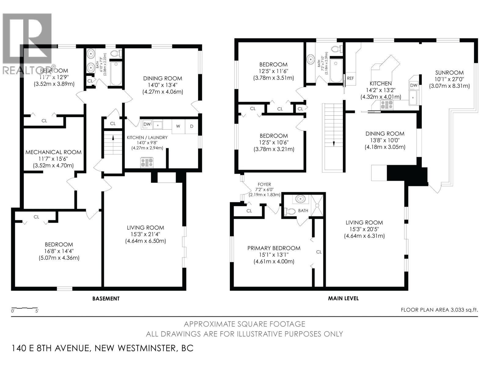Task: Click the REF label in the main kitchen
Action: (x=350, y=78)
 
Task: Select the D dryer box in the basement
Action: (x=192, y=126)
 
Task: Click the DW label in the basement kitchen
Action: (x=147, y=124)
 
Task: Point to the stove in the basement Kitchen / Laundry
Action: (x=147, y=162)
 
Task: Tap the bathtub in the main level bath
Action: (x=336, y=71)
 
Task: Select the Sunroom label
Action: (x=449, y=73)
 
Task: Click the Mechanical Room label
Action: (x=53, y=152)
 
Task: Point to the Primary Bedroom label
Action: (x=274, y=248)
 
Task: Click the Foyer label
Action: (x=264, y=184)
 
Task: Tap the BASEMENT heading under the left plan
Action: (x=106, y=298)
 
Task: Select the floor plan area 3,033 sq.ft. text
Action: (x=439, y=310)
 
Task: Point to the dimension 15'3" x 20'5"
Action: (x=364, y=229)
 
